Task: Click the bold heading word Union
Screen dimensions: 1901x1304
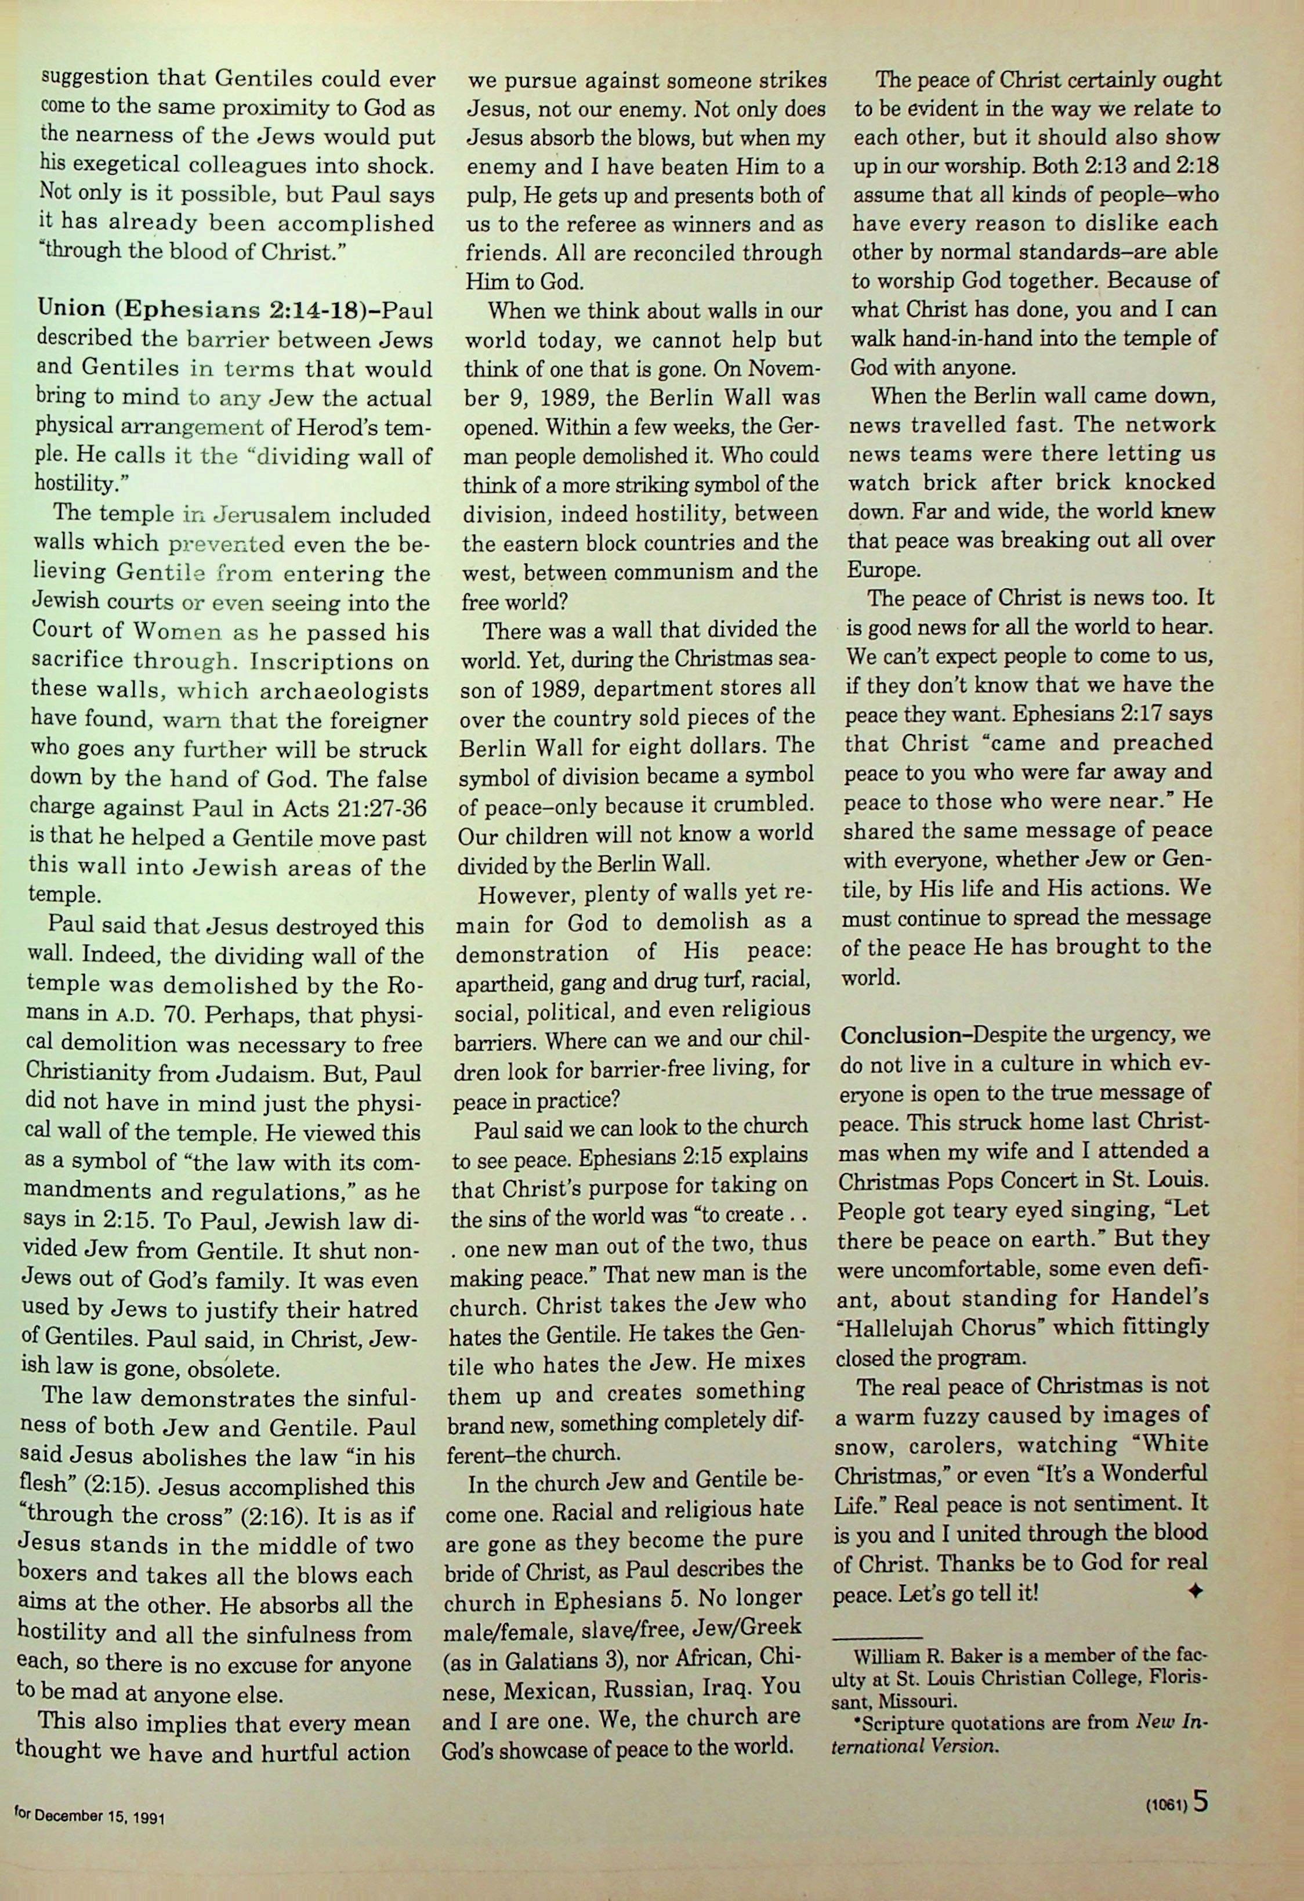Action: (71, 309)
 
